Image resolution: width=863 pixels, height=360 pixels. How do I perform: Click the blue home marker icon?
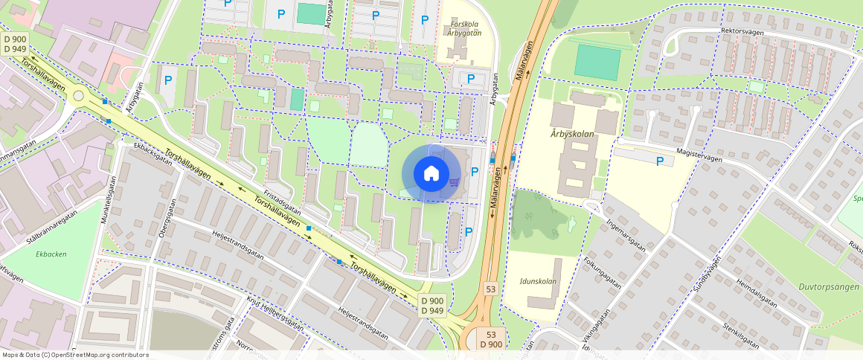point(431,174)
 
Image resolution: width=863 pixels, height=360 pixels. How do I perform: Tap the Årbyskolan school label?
point(569,134)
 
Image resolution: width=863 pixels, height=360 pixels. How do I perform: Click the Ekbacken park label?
point(51,254)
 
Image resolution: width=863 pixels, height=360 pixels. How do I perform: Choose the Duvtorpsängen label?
point(828,286)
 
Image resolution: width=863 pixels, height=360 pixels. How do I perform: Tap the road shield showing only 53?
point(490,288)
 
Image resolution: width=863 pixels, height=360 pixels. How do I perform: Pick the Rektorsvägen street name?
point(742,31)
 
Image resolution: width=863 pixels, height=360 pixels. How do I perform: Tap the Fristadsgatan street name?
point(282,200)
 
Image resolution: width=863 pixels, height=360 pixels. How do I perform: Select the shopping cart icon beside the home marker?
point(453,182)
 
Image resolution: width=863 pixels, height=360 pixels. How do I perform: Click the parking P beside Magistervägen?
point(659,161)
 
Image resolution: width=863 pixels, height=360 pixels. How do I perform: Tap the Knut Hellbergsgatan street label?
point(275,314)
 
